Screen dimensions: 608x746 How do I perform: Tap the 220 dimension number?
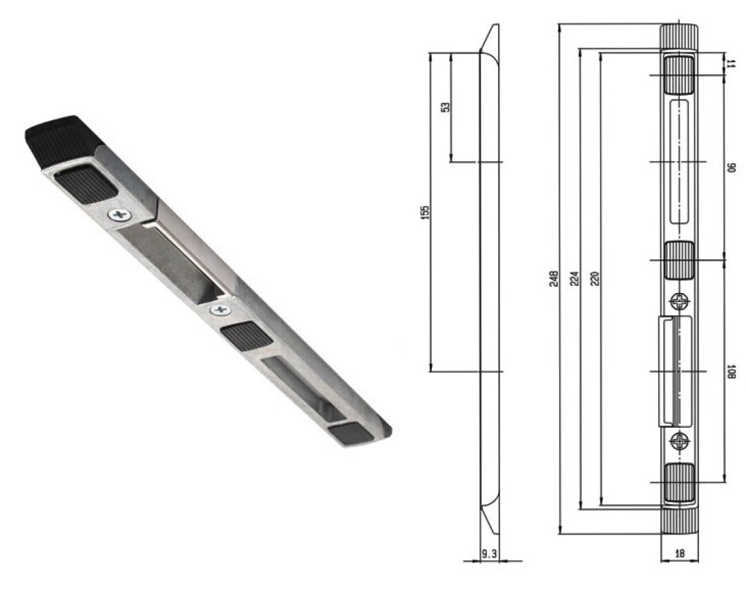coord(595,278)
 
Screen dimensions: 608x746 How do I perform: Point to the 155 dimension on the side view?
coord(425,211)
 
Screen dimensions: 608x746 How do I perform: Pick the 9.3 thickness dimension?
coord(488,553)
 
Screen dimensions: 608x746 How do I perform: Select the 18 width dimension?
coord(679,553)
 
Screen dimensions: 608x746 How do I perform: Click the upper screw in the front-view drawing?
coord(679,301)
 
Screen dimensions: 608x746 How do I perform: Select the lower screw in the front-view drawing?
coord(680,440)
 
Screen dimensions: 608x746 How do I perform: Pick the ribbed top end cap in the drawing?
coord(679,37)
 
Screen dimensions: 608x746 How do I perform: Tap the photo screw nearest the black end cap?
coord(118,216)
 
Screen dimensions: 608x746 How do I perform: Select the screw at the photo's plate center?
coord(220,309)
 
